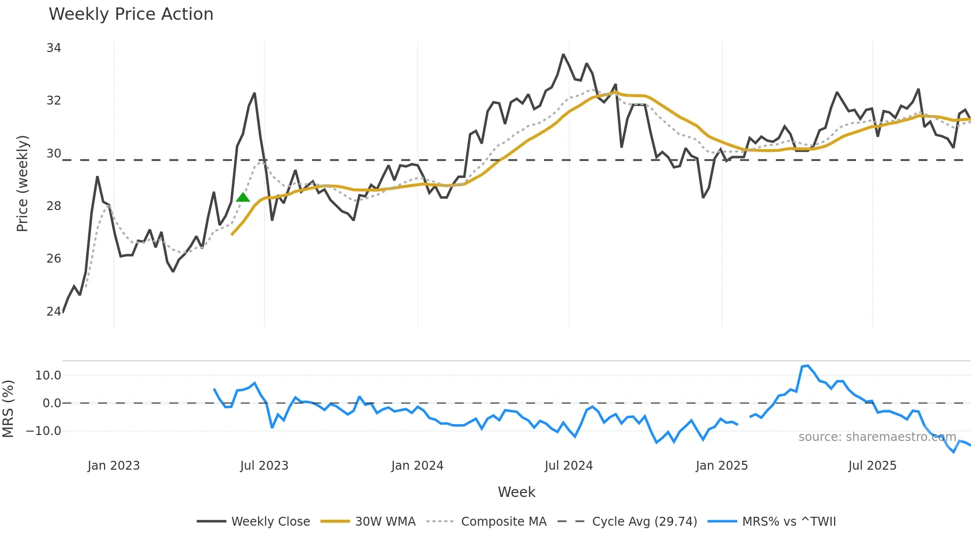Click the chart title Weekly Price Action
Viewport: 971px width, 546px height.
[131, 14]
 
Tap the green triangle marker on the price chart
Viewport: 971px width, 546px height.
[243, 197]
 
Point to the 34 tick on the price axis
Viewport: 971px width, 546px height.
[54, 48]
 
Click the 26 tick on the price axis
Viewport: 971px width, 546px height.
[54, 258]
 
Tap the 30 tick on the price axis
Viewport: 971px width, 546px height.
[54, 154]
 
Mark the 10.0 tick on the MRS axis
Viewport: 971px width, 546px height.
[48, 376]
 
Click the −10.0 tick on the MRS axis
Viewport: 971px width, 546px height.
[44, 431]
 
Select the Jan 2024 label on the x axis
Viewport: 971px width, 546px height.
[417, 466]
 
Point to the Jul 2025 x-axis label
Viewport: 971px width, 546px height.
[872, 466]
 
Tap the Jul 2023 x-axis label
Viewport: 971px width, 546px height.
[264, 466]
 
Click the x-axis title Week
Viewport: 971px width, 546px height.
[516, 492]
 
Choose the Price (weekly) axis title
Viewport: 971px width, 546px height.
[22, 183]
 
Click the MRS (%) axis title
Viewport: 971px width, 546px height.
[8, 409]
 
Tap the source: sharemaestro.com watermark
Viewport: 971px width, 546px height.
[877, 437]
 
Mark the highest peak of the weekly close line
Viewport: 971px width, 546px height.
[563, 55]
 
